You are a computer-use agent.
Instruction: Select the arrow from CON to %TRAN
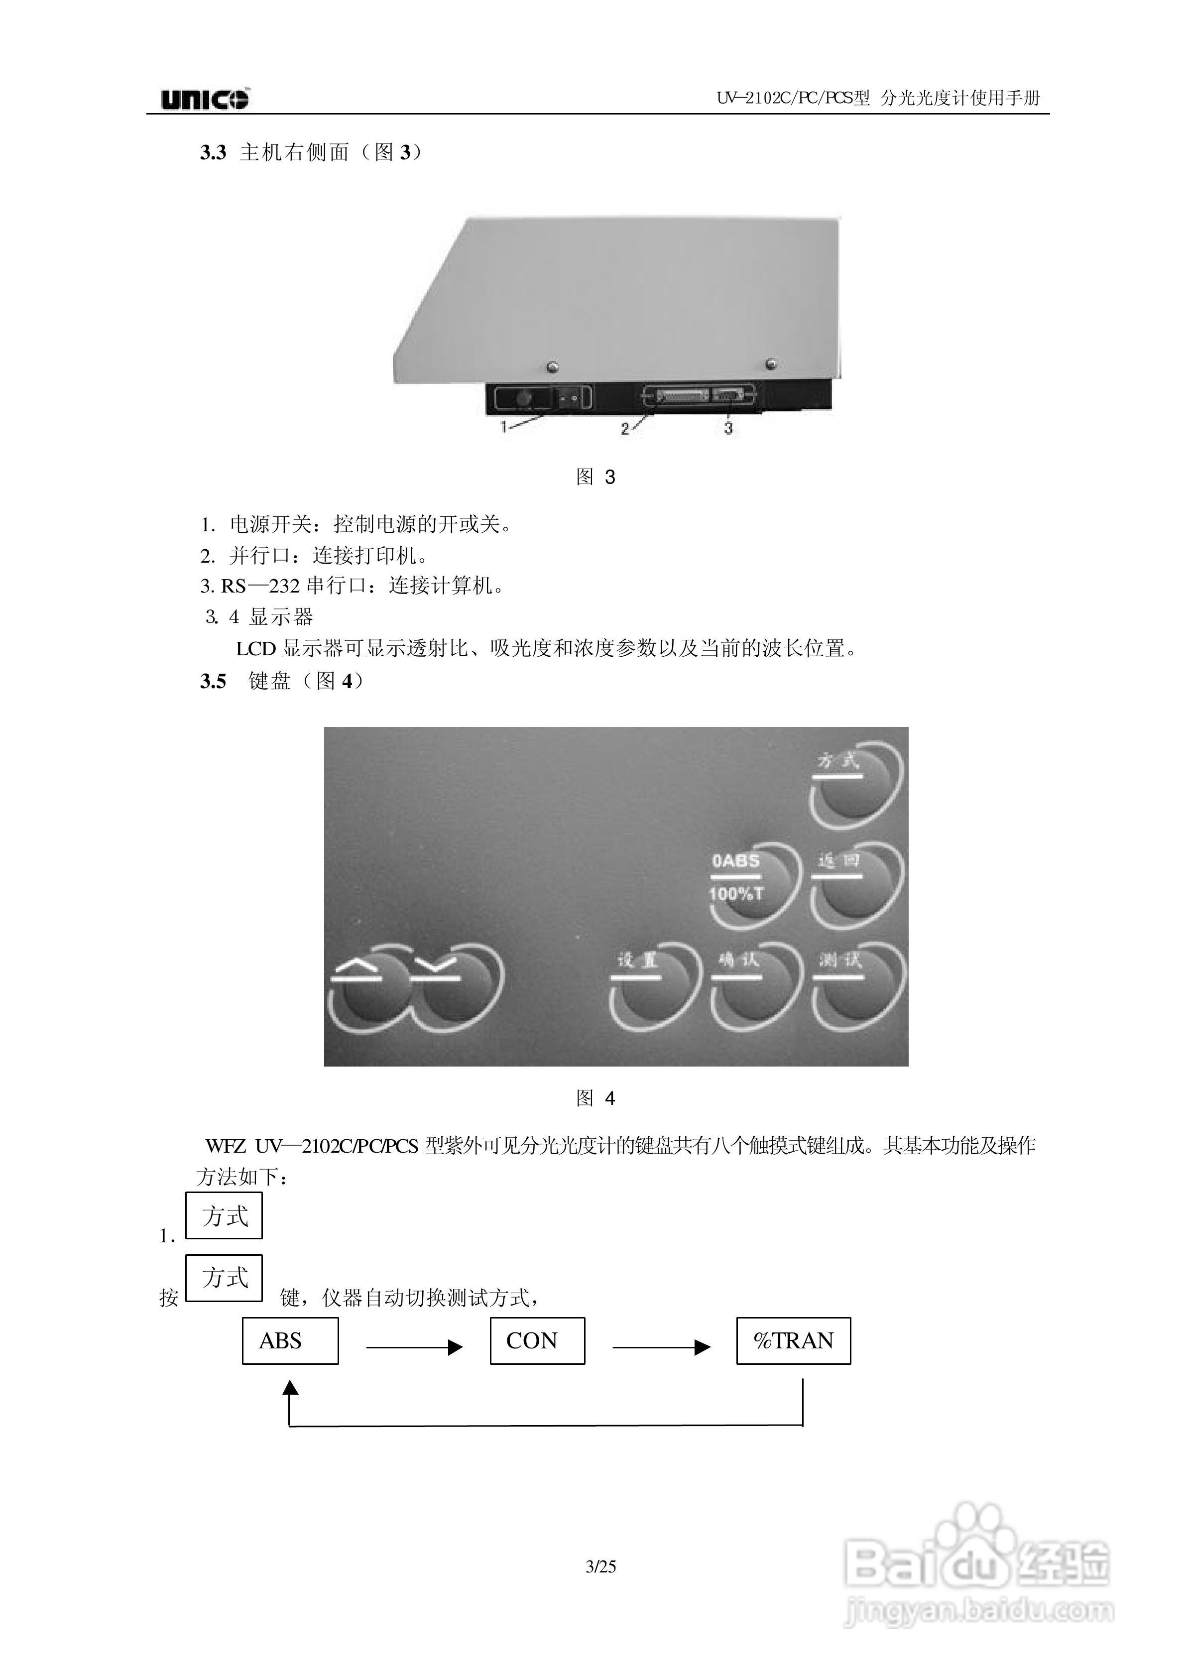[661, 1347]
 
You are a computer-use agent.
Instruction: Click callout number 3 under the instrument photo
[728, 428]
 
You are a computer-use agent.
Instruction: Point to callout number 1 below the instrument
[503, 427]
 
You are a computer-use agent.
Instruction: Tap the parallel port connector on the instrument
[683, 396]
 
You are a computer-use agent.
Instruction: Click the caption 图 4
[595, 1097]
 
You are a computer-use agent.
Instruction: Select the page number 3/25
[601, 1566]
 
